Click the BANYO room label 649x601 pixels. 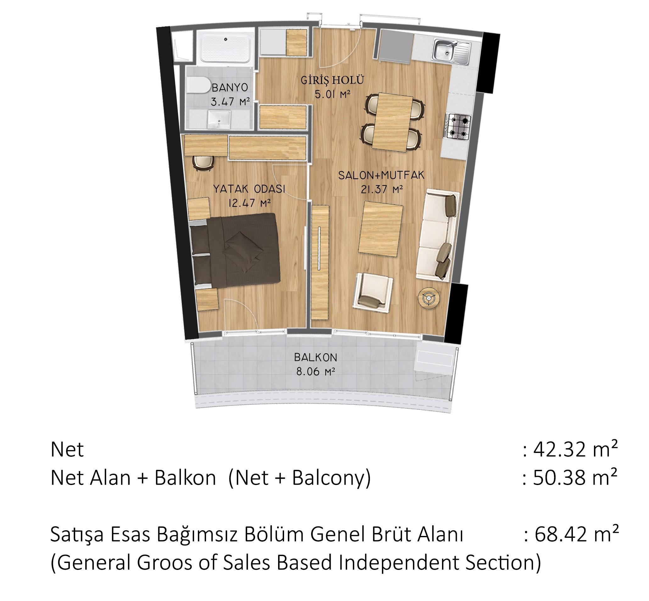pos(230,87)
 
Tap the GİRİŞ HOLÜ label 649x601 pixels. pos(332,80)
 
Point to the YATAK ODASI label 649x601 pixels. pos(249,189)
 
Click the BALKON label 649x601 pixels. pos(316,357)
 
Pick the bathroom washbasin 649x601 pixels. pos(219,119)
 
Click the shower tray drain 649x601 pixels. pos(226,39)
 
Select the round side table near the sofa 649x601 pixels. pos(429,298)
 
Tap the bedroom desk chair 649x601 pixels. pos(204,162)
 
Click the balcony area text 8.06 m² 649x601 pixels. pos(316,372)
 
